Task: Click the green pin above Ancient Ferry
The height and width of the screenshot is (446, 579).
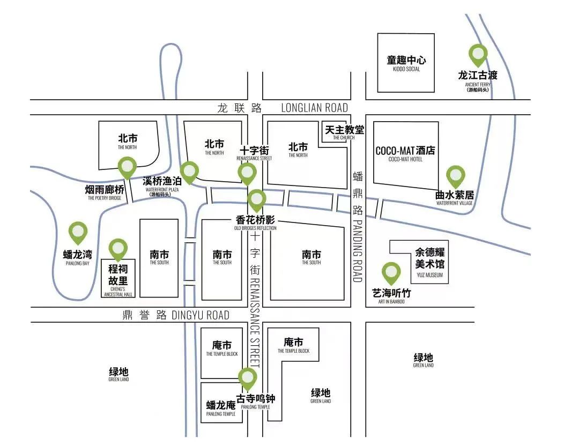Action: click(x=478, y=54)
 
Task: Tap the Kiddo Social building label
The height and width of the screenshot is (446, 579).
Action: click(x=406, y=63)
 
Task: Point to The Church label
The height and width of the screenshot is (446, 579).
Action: click(x=344, y=131)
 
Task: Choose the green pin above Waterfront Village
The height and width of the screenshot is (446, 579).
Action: click(x=455, y=176)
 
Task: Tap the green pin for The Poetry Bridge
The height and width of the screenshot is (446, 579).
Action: click(x=127, y=166)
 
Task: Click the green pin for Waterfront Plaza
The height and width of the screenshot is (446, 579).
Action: click(x=189, y=171)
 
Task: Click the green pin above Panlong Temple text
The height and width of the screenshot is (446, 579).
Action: click(x=248, y=377)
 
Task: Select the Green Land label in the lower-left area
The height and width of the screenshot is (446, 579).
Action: click(x=118, y=374)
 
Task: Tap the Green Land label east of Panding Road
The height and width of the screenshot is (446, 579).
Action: click(x=423, y=360)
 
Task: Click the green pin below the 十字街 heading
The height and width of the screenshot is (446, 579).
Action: click(x=247, y=173)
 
